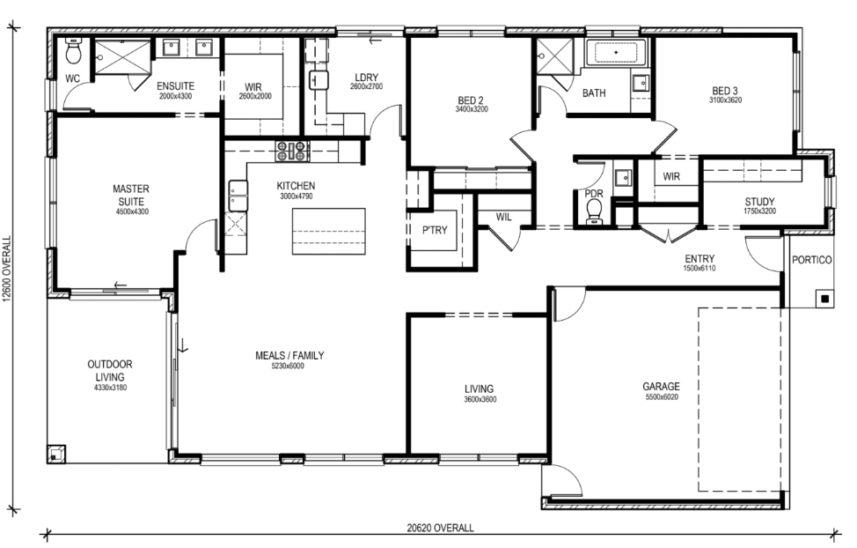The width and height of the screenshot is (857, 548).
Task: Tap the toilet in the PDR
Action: tap(594, 211)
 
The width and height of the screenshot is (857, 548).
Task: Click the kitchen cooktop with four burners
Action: tap(291, 152)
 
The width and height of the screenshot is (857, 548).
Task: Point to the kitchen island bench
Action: tap(328, 231)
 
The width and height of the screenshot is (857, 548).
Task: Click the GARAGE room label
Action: tap(661, 387)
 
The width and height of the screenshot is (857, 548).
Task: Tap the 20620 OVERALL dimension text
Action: tap(440, 529)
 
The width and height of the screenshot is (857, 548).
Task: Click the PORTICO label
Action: tap(811, 260)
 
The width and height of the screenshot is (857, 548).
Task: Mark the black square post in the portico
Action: tap(824, 299)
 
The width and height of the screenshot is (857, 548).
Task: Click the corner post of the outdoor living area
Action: tap(55, 454)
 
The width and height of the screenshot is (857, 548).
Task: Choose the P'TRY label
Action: tap(435, 231)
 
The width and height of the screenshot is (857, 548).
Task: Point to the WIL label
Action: tap(503, 218)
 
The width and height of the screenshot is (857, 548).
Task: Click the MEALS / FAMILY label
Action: tap(289, 355)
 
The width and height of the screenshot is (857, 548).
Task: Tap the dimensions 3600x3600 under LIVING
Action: tap(480, 400)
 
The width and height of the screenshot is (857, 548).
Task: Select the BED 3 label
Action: tap(725, 91)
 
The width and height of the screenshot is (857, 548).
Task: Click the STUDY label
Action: tap(759, 202)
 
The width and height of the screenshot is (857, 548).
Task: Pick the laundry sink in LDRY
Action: tap(319, 80)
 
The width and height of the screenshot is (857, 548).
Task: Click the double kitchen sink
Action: tap(238, 196)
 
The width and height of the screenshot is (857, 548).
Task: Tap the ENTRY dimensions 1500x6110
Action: tap(699, 269)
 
